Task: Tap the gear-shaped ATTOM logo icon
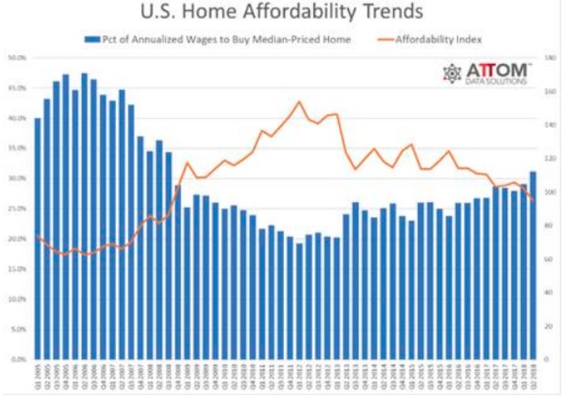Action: click(453, 74)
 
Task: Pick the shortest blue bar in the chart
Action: click(300, 301)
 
